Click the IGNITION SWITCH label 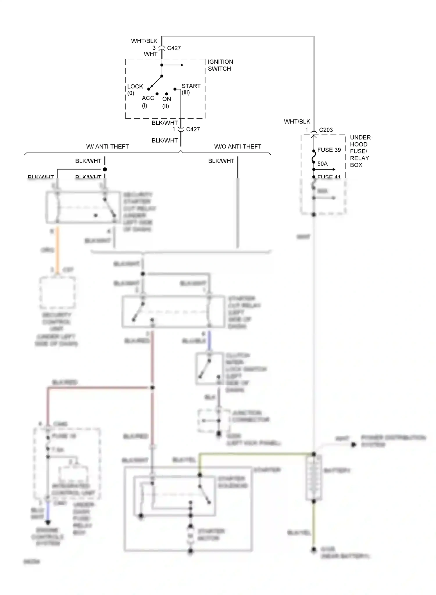tap(220, 65)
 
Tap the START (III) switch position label tap(191, 89)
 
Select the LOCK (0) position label tap(135, 89)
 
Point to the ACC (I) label tap(148, 101)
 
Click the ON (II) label tap(166, 102)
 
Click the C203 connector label tap(326, 130)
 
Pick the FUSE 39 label tap(329, 150)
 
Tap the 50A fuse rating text tap(322, 164)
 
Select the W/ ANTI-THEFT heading tap(107, 147)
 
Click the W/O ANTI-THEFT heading tap(237, 147)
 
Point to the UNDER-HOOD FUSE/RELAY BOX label tap(360, 151)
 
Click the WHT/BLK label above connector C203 tap(297, 122)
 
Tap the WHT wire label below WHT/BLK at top tap(151, 54)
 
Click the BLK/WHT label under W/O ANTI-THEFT tap(221, 161)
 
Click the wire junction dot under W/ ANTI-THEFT tap(105, 169)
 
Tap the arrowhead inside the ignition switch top tap(182, 65)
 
